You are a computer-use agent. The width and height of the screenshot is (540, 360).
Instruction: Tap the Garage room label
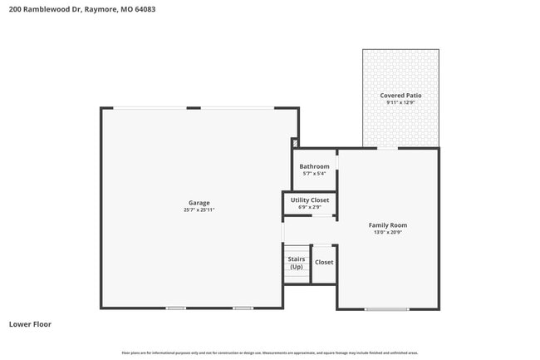[x=199, y=203]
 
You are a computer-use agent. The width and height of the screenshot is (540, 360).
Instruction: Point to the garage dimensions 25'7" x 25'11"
[x=199, y=210]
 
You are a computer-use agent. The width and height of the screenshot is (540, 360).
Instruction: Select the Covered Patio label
[x=400, y=96]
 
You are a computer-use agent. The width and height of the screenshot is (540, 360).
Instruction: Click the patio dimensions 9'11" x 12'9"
[x=400, y=103]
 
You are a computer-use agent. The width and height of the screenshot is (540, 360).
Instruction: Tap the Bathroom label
[x=315, y=166]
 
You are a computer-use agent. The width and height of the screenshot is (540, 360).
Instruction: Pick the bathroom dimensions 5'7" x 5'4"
[x=315, y=174]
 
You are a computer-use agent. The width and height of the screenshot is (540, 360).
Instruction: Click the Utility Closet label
[x=310, y=200]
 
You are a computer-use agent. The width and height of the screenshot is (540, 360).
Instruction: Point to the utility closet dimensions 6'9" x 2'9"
[x=310, y=208]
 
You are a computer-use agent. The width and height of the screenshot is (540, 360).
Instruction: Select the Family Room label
[x=388, y=225]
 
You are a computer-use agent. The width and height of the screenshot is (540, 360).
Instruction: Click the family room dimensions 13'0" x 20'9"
[x=388, y=233]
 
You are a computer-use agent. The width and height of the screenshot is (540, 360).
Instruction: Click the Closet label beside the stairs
[x=324, y=263]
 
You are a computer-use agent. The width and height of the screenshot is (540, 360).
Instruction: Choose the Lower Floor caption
[x=30, y=324]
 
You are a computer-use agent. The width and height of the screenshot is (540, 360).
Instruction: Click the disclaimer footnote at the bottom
[x=270, y=353]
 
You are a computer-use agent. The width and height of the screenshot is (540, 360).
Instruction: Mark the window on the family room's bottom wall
[x=387, y=309]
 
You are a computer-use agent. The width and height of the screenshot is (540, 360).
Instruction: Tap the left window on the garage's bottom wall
[x=175, y=308]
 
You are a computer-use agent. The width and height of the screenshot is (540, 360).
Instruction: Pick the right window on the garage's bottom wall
[x=243, y=308]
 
